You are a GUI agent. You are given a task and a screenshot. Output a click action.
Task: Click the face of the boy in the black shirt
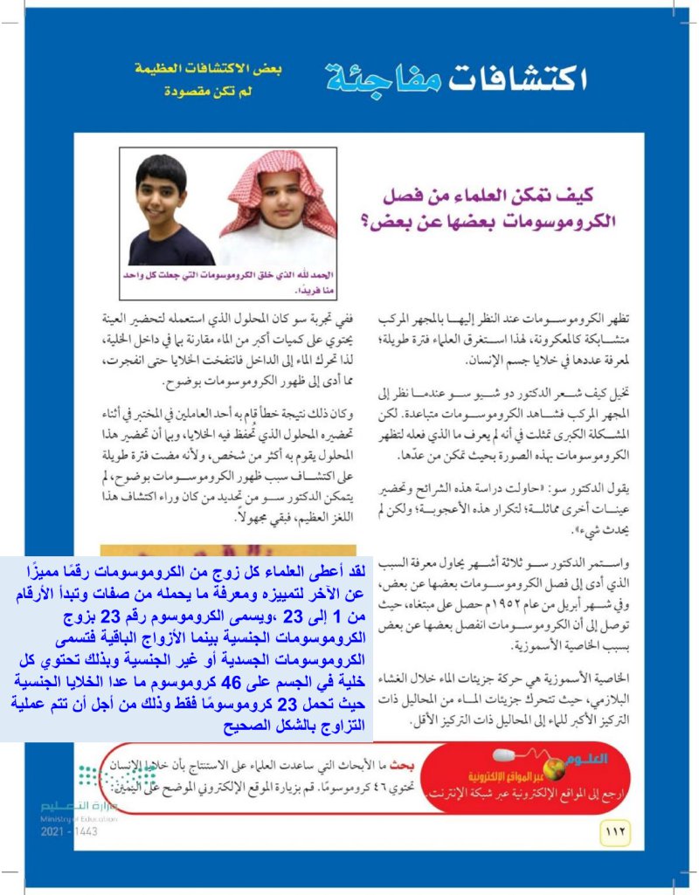(162, 198)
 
